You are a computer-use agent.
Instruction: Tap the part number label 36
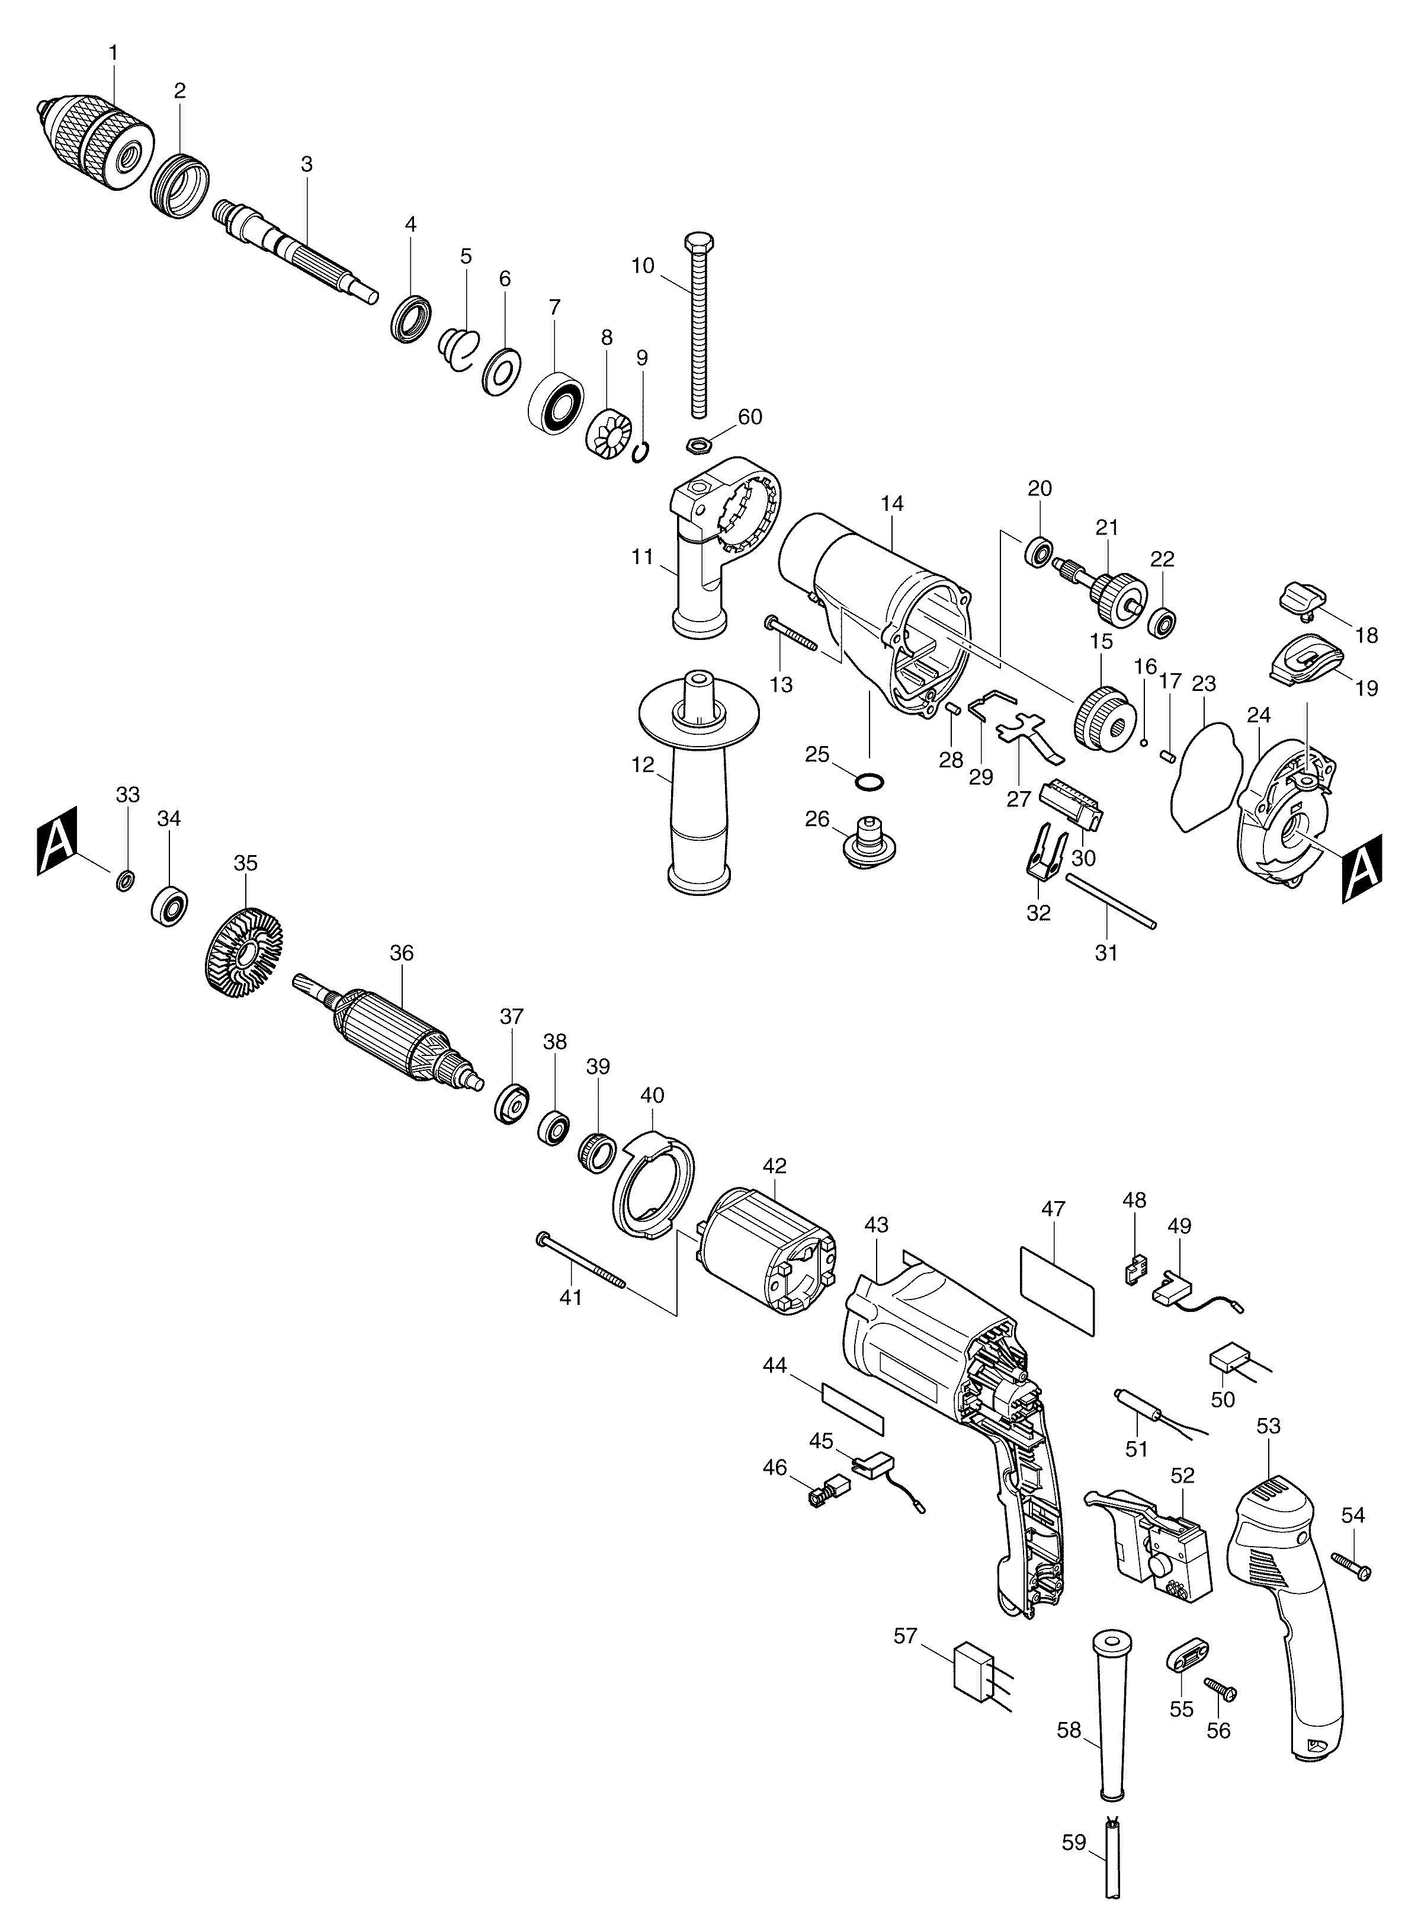tap(401, 953)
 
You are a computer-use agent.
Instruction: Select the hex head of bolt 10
tap(696, 243)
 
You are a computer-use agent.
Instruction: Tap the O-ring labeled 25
tap(870, 782)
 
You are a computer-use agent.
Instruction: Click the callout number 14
tap(892, 503)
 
